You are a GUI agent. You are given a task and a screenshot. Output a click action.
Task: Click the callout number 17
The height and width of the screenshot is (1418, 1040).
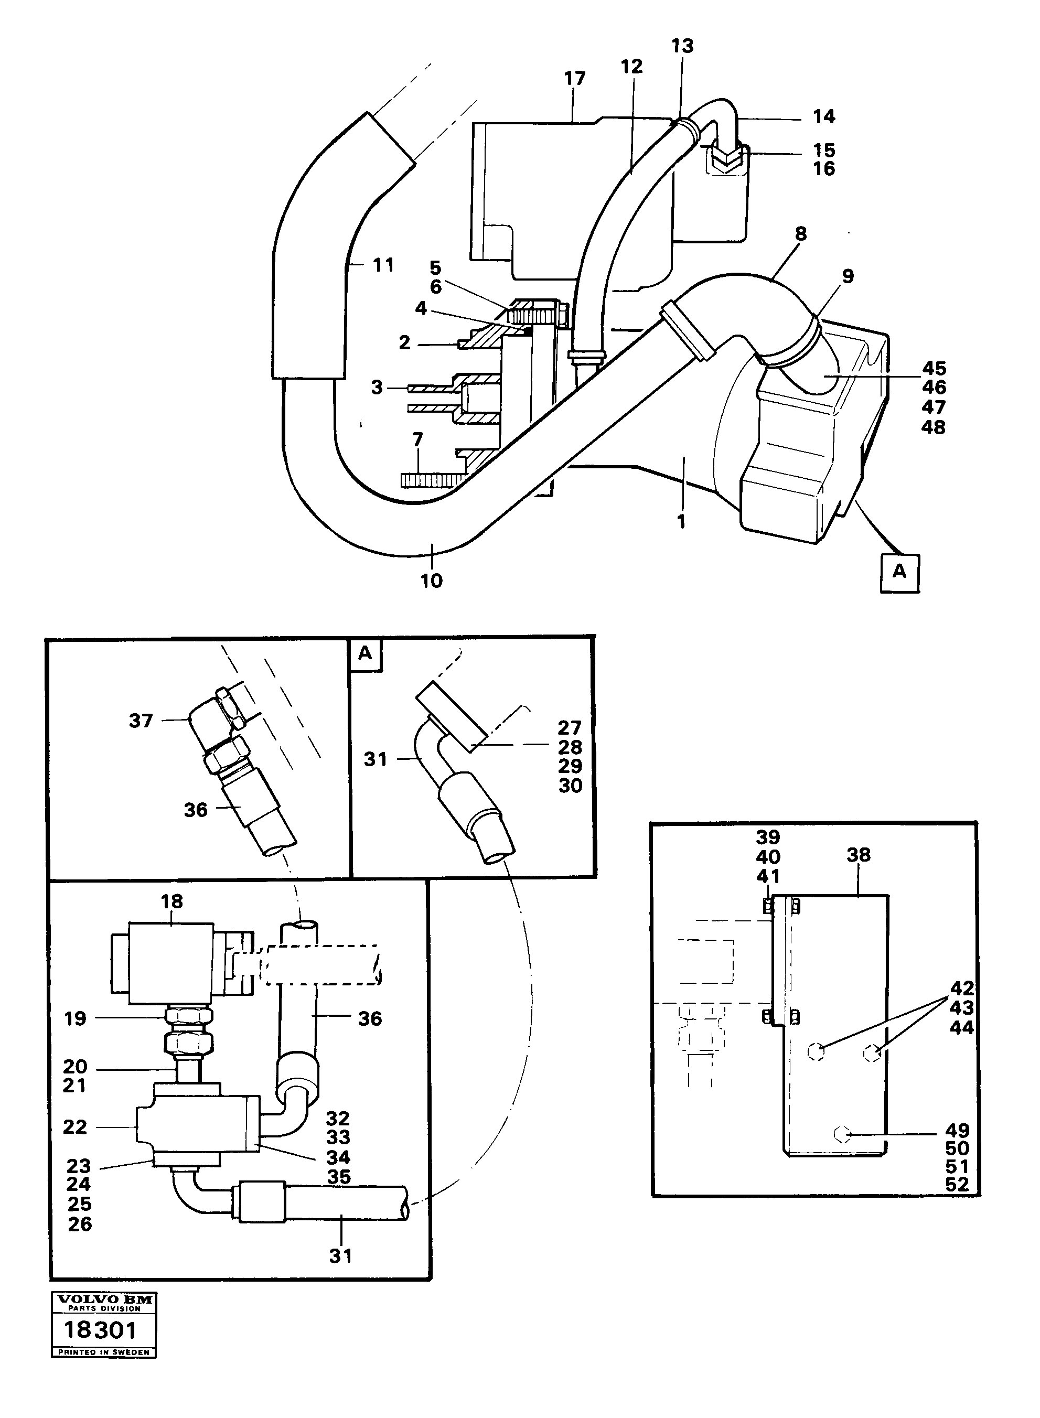pyautogui.click(x=575, y=79)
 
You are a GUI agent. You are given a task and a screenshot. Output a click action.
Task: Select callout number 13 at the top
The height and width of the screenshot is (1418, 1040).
pyautogui.click(x=682, y=46)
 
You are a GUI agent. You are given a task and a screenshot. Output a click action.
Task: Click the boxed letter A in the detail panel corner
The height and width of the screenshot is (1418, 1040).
pyautogui.click(x=365, y=654)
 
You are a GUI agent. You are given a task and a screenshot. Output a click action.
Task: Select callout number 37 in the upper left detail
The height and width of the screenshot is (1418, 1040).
pyautogui.click(x=141, y=721)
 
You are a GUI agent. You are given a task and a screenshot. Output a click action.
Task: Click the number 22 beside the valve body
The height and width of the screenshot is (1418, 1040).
pyautogui.click(x=75, y=1127)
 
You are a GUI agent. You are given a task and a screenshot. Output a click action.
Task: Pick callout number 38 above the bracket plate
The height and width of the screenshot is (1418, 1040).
pyautogui.click(x=859, y=855)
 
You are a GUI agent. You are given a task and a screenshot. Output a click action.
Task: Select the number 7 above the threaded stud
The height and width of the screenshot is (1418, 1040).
pyautogui.click(x=417, y=439)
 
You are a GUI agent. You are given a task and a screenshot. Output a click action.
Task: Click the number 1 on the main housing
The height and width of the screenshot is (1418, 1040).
pyautogui.click(x=681, y=521)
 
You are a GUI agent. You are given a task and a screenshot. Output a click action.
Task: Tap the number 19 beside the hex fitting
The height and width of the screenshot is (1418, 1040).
pyautogui.click(x=75, y=1018)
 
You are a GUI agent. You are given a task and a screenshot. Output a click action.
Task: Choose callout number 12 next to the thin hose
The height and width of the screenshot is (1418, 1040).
pyautogui.click(x=631, y=66)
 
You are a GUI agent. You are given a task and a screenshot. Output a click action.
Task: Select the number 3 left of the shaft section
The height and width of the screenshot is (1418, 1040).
pyautogui.click(x=377, y=387)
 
